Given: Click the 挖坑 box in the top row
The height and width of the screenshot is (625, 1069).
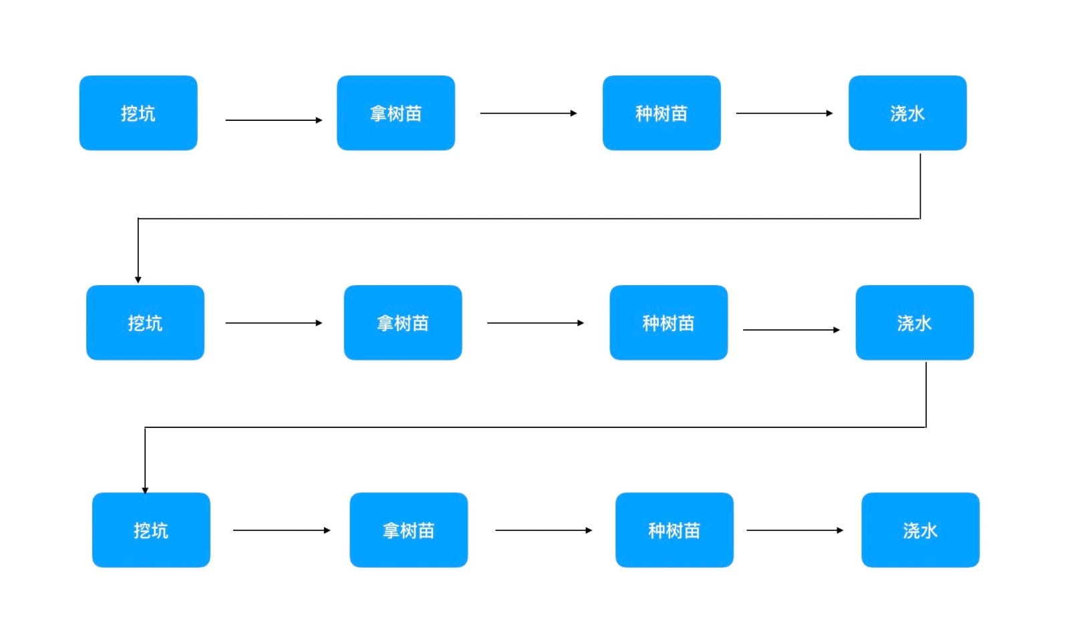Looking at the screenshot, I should click(x=138, y=113).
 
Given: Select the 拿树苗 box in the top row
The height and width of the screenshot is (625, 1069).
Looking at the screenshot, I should click(x=396, y=113).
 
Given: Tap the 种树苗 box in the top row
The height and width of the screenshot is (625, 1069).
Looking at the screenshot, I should click(x=661, y=113).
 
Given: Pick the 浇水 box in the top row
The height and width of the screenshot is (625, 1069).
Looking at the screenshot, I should click(x=907, y=113).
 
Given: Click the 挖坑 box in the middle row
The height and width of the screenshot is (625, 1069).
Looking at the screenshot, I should click(x=145, y=323).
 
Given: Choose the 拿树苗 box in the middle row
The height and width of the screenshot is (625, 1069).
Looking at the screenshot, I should click(x=403, y=323).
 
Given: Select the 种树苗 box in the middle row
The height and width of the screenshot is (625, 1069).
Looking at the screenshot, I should click(x=668, y=323).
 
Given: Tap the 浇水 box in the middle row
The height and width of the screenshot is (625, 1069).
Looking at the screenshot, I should click(x=914, y=323).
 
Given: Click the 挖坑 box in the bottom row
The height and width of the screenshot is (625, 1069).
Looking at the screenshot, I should click(x=151, y=530).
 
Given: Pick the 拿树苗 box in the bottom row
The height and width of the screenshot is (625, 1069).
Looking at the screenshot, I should click(x=408, y=530).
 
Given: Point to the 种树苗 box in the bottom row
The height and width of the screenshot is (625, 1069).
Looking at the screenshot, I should click(x=674, y=530).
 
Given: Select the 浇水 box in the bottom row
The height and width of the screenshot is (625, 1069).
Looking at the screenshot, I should click(x=920, y=530).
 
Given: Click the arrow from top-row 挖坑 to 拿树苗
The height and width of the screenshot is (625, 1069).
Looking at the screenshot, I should click(x=274, y=120).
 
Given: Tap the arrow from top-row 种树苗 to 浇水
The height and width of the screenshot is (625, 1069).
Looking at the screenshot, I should click(x=784, y=114).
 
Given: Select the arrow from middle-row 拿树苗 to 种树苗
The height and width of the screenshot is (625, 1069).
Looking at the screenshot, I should click(x=535, y=323).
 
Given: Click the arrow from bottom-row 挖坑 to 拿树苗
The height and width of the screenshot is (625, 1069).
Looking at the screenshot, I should click(x=281, y=530).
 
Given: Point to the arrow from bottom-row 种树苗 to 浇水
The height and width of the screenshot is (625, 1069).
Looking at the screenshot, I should click(x=794, y=530).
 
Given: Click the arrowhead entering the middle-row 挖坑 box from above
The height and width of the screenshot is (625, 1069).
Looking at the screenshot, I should click(x=138, y=279).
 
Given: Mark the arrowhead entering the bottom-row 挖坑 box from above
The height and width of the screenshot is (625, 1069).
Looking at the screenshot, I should click(x=145, y=489).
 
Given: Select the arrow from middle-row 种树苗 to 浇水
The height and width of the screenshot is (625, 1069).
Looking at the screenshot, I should click(x=791, y=330).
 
